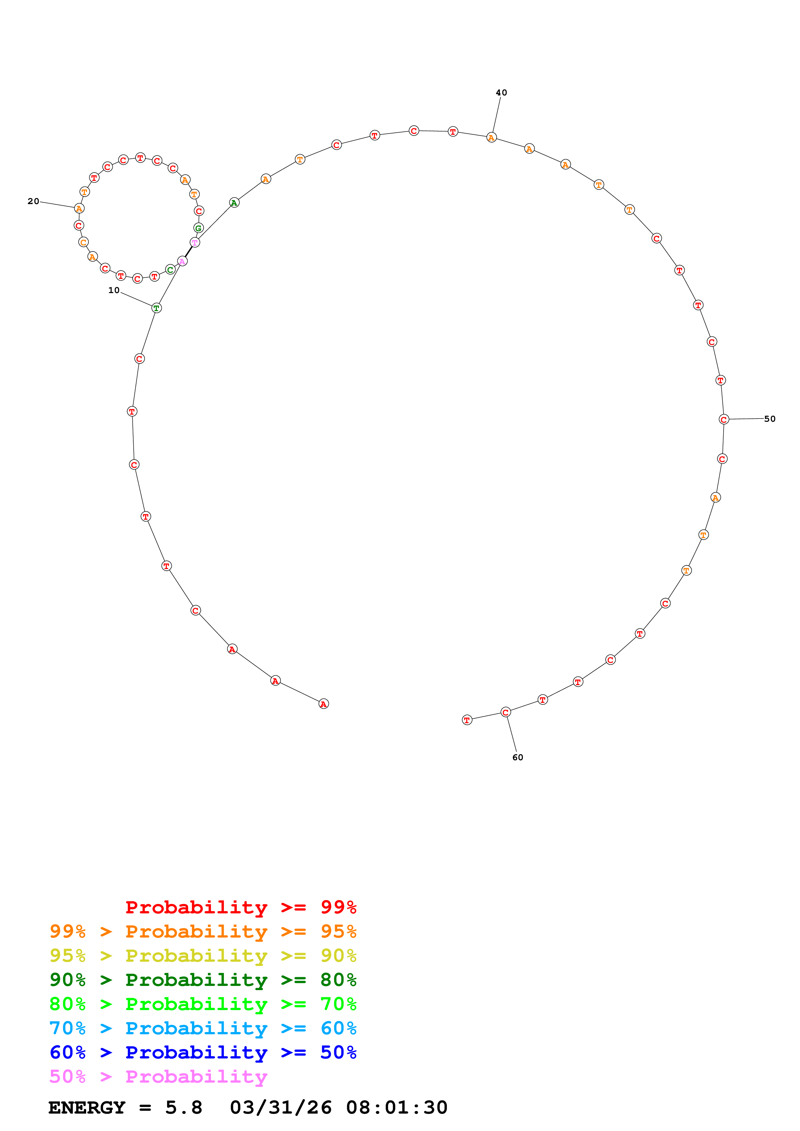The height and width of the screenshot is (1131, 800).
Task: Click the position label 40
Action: (501, 93)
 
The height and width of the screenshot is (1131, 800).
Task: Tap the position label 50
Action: (769, 419)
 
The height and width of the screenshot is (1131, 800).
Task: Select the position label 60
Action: (518, 757)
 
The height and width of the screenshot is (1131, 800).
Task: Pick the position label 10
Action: (114, 290)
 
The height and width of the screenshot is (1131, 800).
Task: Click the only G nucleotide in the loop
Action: (198, 228)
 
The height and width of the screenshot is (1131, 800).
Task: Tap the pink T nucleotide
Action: (195, 242)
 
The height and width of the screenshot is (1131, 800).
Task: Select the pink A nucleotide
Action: (182, 261)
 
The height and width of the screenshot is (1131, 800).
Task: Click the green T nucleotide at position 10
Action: (156, 308)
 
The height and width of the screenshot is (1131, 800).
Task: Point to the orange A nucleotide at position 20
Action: (79, 208)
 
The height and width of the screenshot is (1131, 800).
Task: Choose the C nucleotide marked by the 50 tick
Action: (723, 419)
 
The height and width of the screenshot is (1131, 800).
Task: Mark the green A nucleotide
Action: (234, 202)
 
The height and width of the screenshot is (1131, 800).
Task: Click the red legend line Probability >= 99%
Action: (240, 907)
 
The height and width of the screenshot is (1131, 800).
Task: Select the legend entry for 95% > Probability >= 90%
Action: (203, 955)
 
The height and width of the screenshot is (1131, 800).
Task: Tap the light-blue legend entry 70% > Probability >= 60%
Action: (203, 1028)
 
